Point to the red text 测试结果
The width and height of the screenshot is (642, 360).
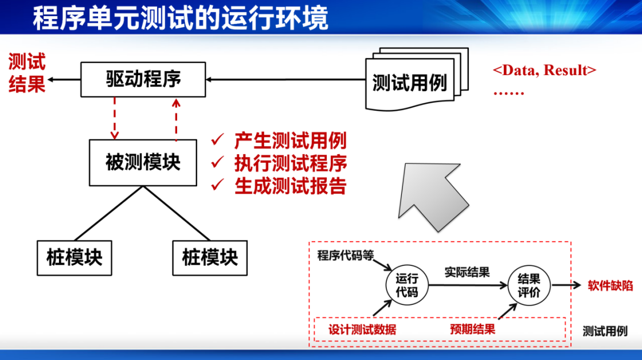(26, 73)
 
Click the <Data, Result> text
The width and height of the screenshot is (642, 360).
(544, 70)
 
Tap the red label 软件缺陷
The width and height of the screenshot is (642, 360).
(610, 285)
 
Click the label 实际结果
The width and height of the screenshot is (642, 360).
(467, 272)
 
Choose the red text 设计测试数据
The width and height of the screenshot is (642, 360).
(362, 330)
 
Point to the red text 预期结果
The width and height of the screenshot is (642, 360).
(472, 329)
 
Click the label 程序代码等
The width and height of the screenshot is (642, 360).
(346, 256)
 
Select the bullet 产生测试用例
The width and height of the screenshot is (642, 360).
(290, 140)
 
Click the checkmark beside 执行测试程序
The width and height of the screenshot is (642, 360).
(217, 162)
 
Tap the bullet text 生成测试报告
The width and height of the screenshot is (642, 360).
(290, 186)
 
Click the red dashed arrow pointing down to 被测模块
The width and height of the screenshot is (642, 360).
(115, 118)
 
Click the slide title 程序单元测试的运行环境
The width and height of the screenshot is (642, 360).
(181, 18)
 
